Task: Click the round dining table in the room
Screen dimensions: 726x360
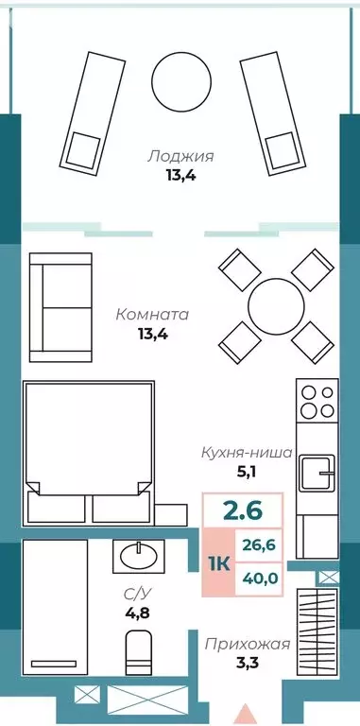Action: (x=274, y=304)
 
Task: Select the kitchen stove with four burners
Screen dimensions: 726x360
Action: (x=317, y=401)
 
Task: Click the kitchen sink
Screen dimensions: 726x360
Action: (x=316, y=470)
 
